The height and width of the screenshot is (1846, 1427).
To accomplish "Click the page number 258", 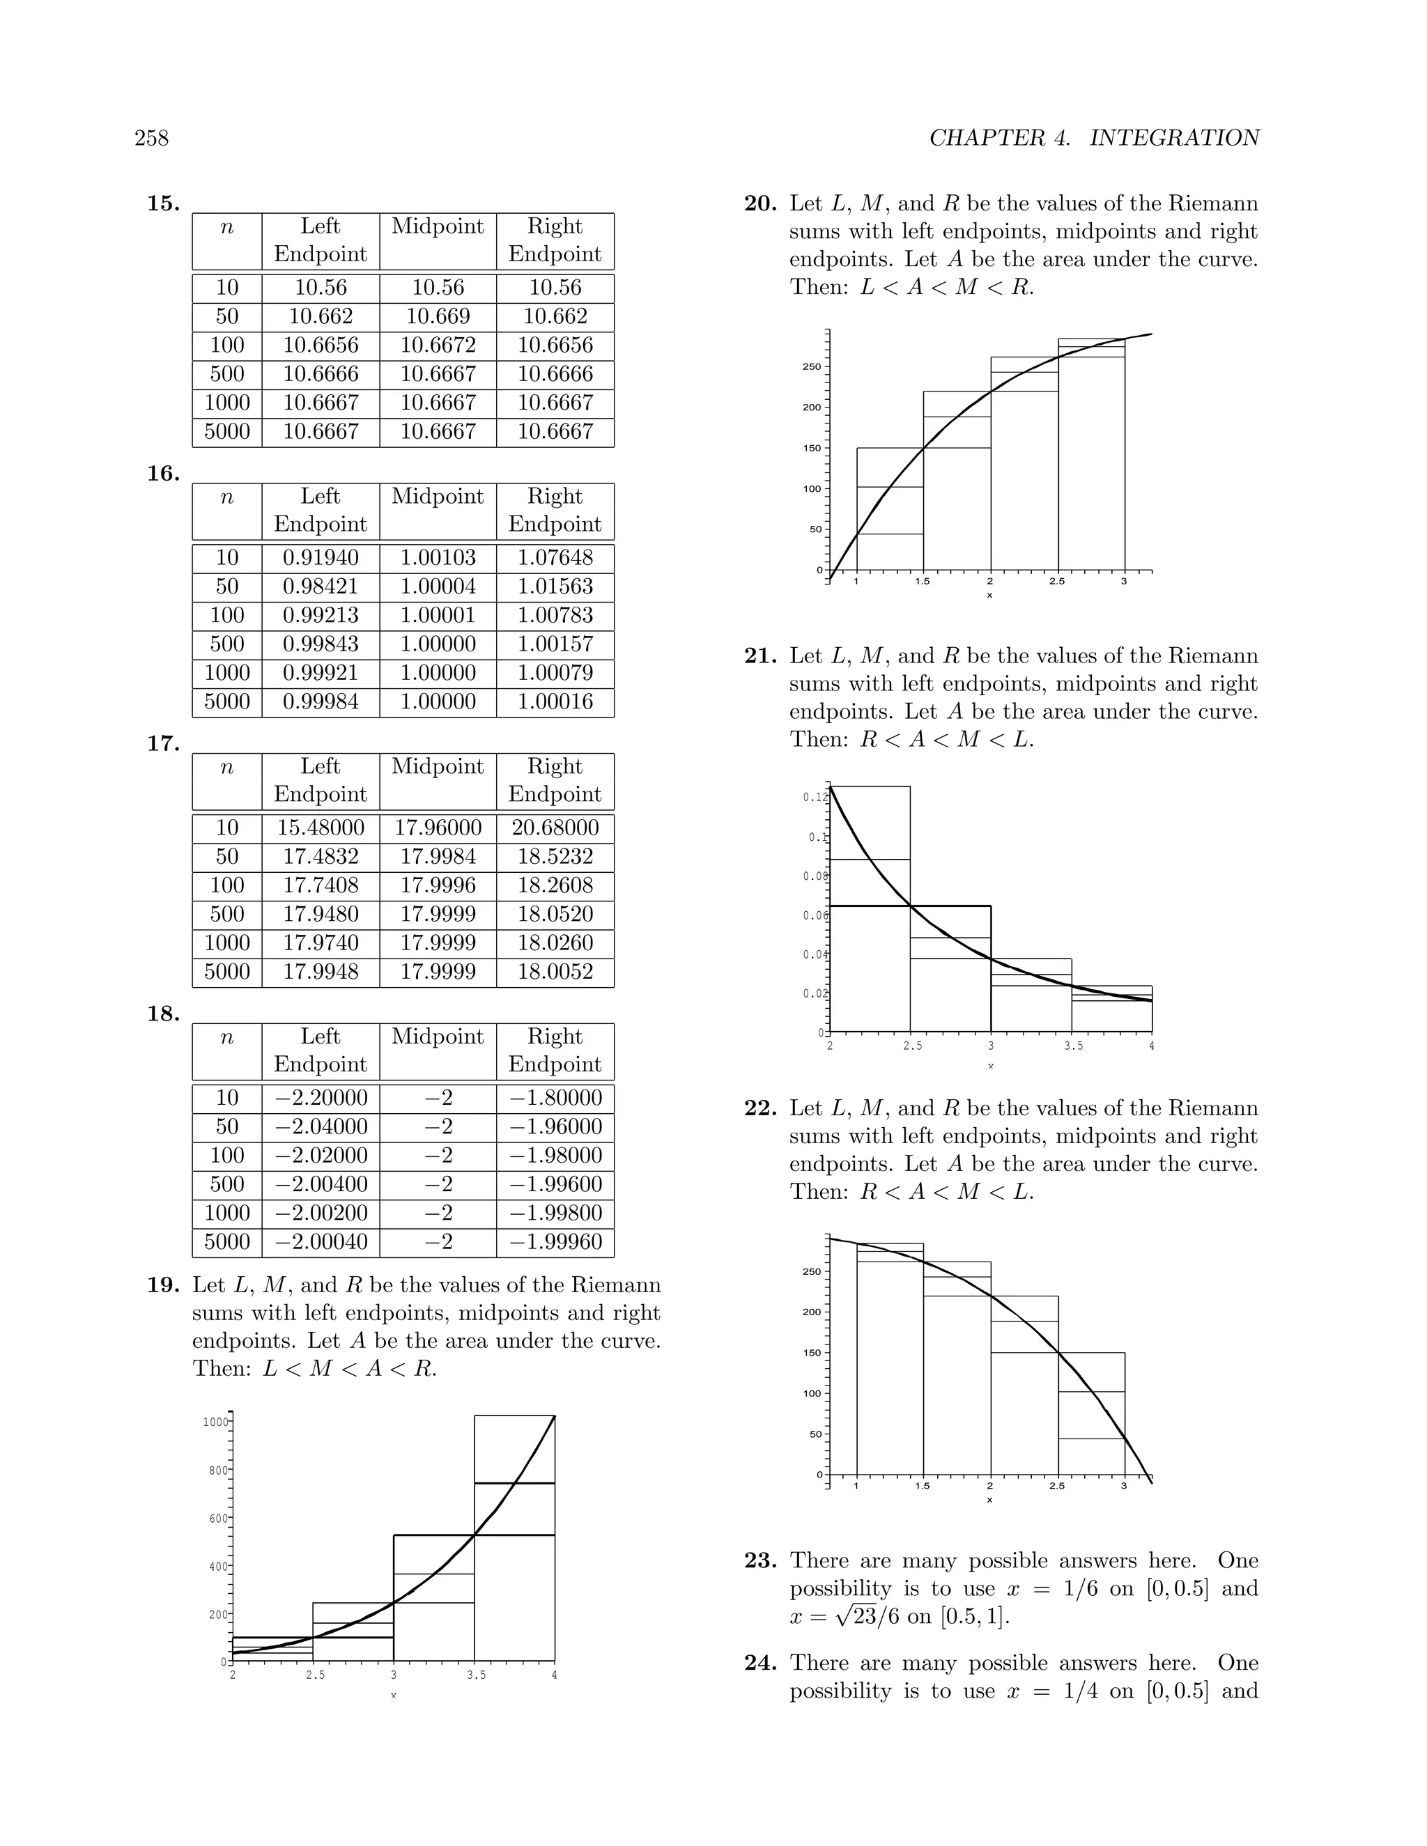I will [151, 138].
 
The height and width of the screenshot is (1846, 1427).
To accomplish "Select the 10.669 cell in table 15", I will [438, 316].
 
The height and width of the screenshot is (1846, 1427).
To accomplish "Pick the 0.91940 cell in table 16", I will [321, 558].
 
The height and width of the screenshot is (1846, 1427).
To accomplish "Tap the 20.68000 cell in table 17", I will [555, 828].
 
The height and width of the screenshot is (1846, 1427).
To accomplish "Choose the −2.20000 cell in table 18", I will [321, 1098].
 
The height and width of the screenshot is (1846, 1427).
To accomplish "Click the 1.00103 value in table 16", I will [438, 558].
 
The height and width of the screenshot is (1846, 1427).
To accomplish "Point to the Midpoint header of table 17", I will [438, 767].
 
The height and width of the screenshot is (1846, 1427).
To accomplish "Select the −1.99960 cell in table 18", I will [555, 1241].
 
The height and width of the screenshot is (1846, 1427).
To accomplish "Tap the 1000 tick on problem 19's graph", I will [215, 1422].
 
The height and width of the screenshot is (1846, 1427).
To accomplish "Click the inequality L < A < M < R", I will [947, 288].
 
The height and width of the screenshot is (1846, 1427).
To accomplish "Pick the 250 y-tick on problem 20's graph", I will [811, 367].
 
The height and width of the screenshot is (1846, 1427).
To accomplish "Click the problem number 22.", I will [760, 1108].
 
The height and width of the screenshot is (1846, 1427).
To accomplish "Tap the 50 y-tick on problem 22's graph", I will [815, 1434].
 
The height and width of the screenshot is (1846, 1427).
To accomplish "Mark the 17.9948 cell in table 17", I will [321, 972].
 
